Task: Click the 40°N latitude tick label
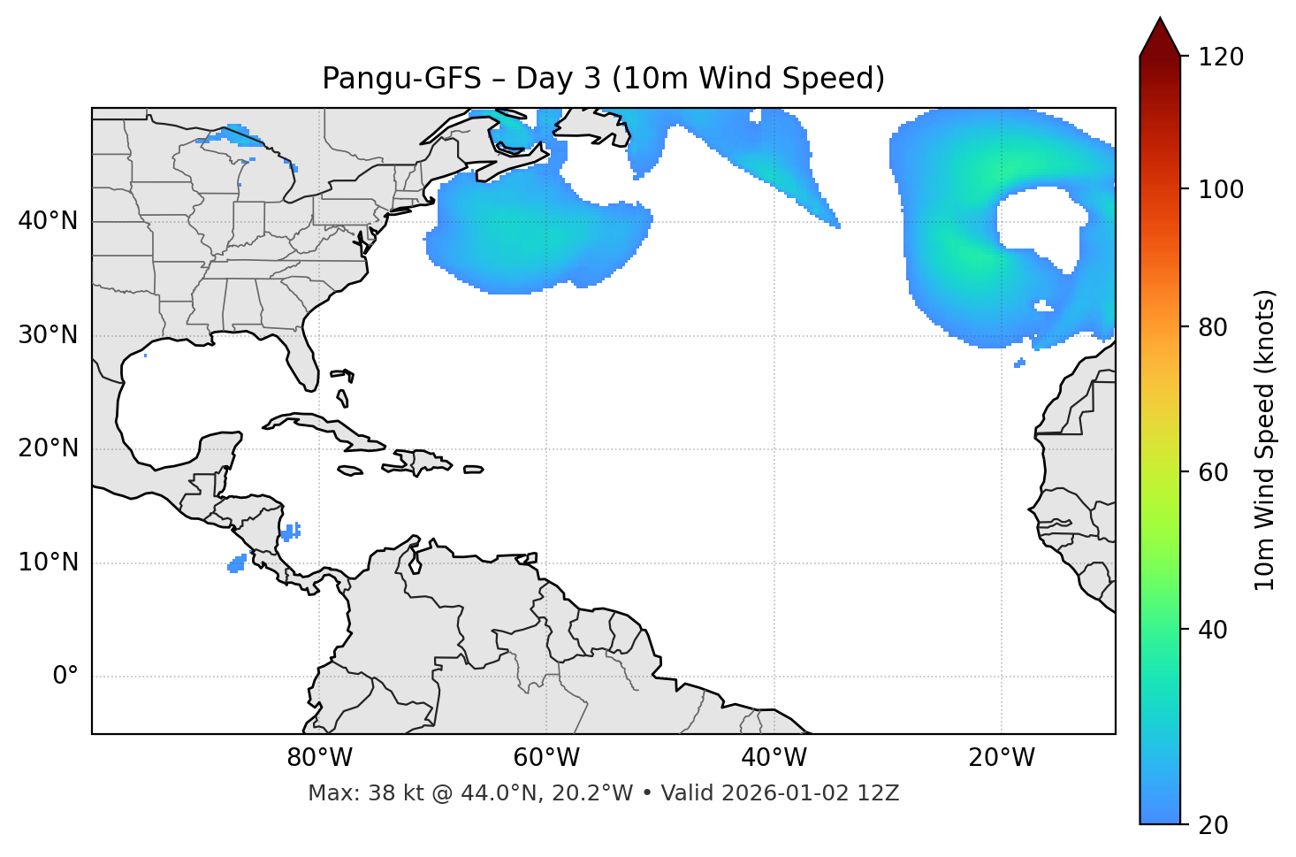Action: point(48,221)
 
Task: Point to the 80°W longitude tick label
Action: point(319,758)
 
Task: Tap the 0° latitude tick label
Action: point(65,677)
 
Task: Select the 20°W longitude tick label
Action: point(1002,758)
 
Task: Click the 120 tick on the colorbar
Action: point(1221,57)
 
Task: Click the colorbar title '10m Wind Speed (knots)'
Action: point(1265,440)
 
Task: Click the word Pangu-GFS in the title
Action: point(401,79)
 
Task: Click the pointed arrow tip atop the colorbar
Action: point(1160,21)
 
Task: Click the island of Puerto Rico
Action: point(474,470)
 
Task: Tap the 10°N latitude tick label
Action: point(48,562)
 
